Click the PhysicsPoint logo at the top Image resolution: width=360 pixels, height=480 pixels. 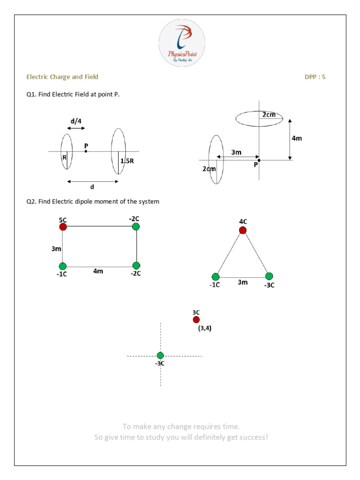click(x=182, y=42)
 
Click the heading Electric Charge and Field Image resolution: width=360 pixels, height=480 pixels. click(x=62, y=77)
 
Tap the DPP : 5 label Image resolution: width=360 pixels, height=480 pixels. click(x=315, y=77)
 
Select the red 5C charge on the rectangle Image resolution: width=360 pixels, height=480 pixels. click(x=63, y=227)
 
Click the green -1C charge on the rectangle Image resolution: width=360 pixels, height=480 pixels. click(x=63, y=266)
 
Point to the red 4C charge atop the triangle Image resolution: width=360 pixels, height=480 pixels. click(x=242, y=230)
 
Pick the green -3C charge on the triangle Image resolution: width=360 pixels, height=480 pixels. click(x=269, y=276)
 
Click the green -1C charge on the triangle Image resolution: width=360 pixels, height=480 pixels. click(x=216, y=277)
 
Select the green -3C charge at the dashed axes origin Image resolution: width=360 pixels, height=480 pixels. click(x=160, y=355)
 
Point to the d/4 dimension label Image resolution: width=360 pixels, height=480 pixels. click(x=76, y=121)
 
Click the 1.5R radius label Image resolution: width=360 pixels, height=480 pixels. click(x=127, y=161)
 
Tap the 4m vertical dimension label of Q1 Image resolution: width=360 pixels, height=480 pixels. click(x=297, y=138)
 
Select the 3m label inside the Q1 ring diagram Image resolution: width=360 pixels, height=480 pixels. click(x=237, y=152)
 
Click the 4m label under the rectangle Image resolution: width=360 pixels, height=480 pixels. click(x=98, y=271)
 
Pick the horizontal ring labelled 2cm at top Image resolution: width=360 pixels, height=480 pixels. click(x=259, y=119)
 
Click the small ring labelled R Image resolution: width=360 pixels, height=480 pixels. click(x=67, y=151)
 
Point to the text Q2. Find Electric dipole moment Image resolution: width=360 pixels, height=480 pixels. click(x=93, y=202)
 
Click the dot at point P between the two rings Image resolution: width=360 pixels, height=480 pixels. click(x=86, y=151)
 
